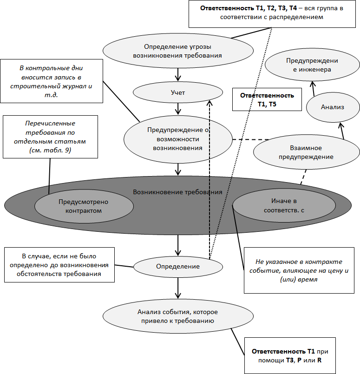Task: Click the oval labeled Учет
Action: click(178, 93)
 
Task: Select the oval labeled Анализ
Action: click(332, 107)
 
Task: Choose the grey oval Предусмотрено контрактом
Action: click(80, 206)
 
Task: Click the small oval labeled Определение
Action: click(178, 267)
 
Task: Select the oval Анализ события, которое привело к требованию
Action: click(178, 316)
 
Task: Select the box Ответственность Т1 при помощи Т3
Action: click(289, 355)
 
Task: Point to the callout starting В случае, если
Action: click(59, 265)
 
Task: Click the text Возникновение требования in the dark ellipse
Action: click(177, 191)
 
